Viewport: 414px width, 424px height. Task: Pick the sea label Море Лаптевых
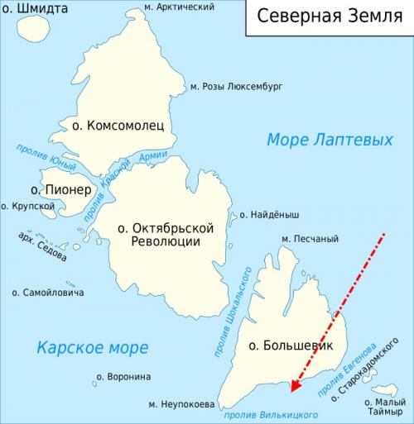pos(330,141)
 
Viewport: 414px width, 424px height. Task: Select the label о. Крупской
pos(22,206)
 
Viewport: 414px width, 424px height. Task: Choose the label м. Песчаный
pos(310,240)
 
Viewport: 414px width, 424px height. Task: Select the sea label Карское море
pos(93,347)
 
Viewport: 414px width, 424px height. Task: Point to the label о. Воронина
pos(123,377)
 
